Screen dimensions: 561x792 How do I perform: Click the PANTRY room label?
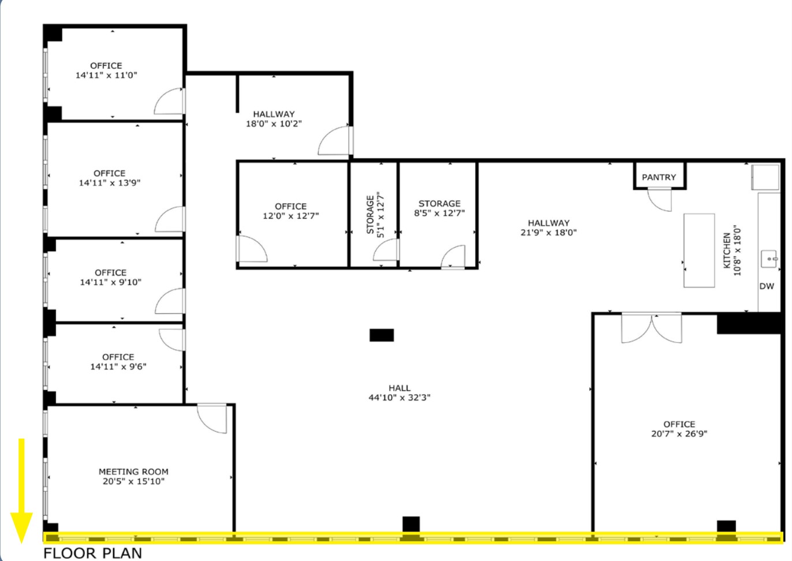tap(659, 177)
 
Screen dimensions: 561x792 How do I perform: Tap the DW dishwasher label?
tap(767, 286)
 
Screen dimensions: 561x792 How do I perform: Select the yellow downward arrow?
tap(21, 491)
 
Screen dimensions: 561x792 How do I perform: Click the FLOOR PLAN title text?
tap(92, 553)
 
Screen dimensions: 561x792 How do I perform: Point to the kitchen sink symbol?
tap(769, 259)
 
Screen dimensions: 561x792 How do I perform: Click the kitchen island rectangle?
tap(699, 250)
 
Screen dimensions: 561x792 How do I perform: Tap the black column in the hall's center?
tap(382, 335)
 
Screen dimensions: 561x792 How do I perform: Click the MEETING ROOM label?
tap(133, 472)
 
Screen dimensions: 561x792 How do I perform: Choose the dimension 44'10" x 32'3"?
tap(399, 398)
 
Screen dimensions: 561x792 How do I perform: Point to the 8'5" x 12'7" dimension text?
tap(439, 213)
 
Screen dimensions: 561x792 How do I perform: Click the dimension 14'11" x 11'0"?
tap(106, 75)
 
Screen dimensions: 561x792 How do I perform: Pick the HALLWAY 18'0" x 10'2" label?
tap(274, 119)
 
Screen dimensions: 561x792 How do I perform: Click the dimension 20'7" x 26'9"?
tap(679, 434)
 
